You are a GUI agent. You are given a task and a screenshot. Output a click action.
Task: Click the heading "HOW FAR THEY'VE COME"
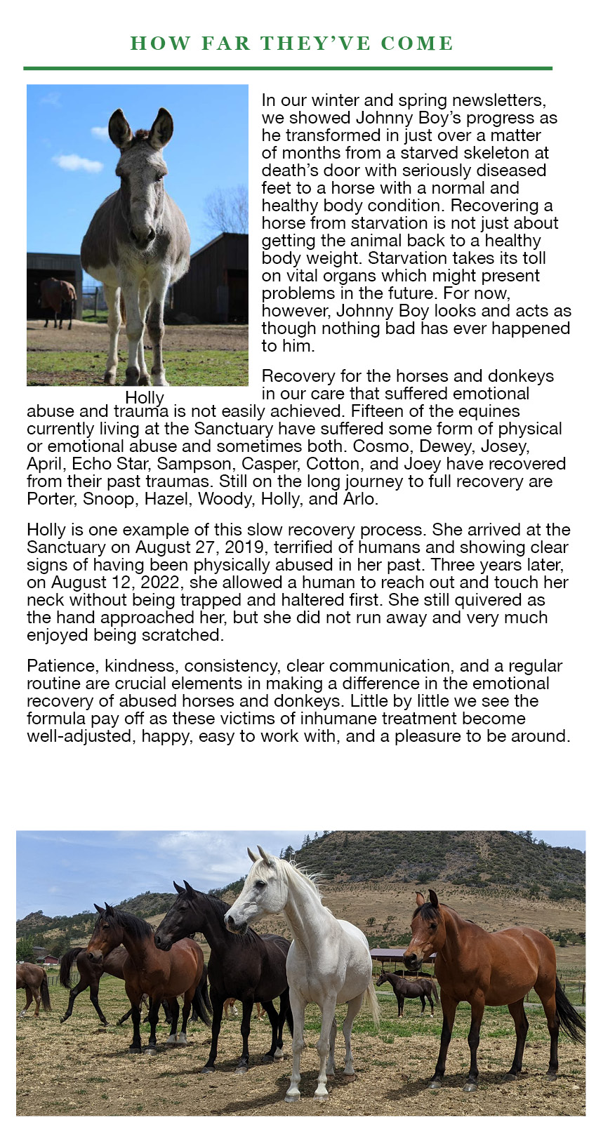click(x=292, y=44)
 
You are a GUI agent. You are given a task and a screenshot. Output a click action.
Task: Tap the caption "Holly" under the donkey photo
click(x=145, y=399)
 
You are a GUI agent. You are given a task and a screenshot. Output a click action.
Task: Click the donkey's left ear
click(x=119, y=127)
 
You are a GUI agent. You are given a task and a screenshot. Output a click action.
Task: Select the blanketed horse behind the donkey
click(x=57, y=299)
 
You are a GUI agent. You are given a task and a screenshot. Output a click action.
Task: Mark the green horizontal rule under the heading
click(x=288, y=68)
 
